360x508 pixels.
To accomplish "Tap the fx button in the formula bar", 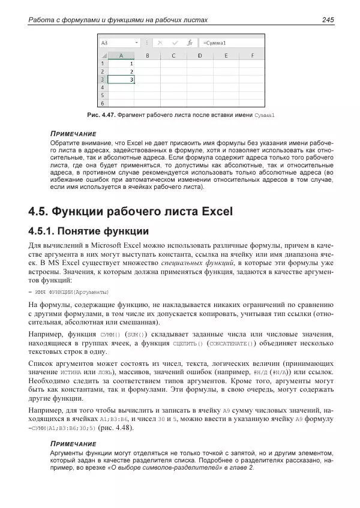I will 190,43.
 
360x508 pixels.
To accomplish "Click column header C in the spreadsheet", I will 173,56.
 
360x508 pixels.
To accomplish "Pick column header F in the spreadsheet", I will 251,56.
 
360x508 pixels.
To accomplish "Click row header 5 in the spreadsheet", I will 102,95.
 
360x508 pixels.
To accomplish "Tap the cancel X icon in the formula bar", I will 160,43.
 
